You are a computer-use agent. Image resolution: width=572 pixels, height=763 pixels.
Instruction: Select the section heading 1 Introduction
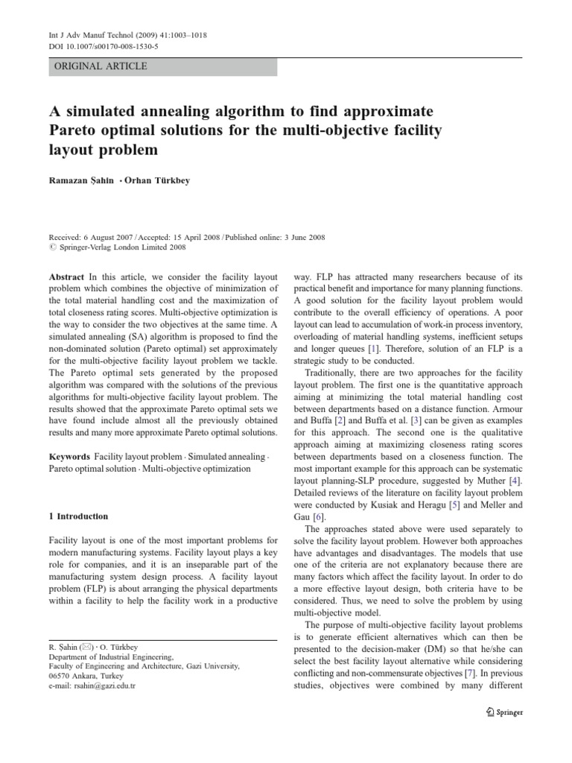click(x=78, y=516)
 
